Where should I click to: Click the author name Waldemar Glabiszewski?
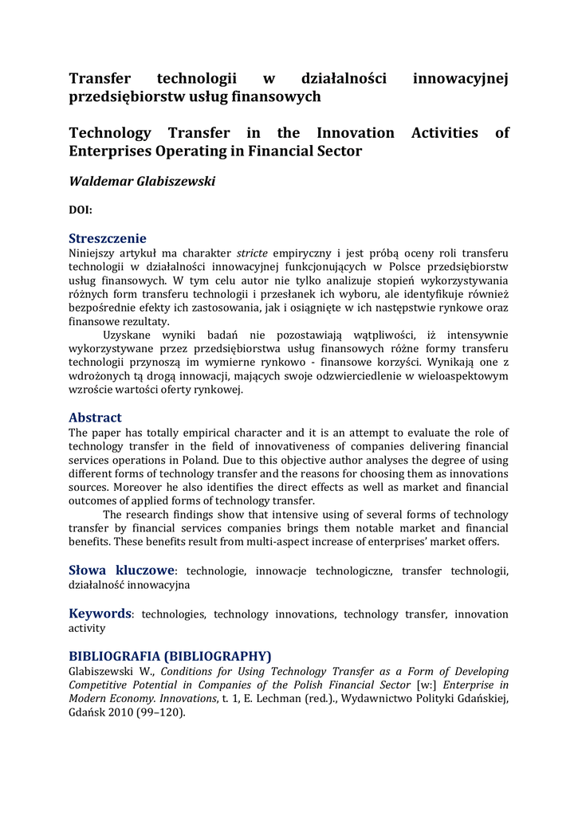[x=142, y=182]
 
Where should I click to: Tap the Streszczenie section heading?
[x=108, y=238]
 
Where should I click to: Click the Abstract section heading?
[x=95, y=418]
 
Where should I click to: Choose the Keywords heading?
[x=100, y=613]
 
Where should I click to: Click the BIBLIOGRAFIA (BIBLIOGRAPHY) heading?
[x=170, y=656]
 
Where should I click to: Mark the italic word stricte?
[x=252, y=253]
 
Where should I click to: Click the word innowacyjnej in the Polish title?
[x=461, y=78]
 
